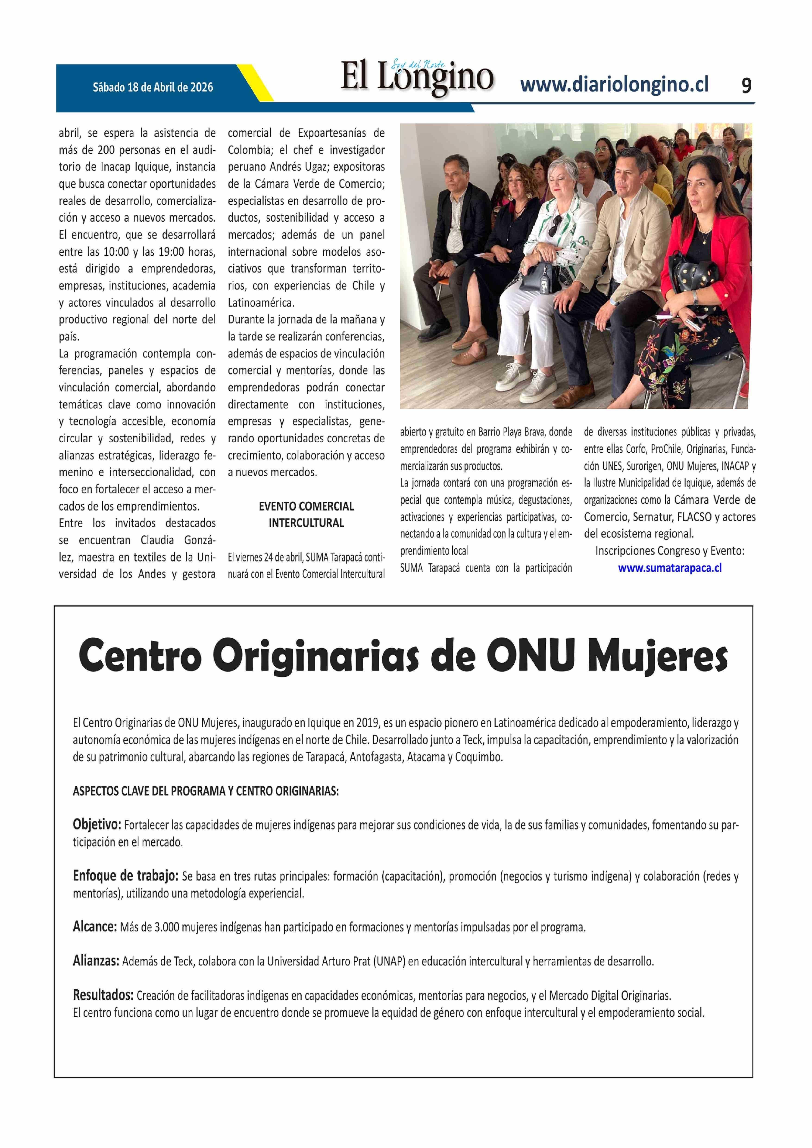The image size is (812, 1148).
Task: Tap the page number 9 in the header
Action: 746,86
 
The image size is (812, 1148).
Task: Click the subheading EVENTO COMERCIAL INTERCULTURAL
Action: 306,515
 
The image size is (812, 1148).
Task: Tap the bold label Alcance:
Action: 95,927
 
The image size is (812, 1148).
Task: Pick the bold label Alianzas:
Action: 96,961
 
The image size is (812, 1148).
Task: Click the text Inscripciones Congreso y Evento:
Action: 669,551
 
